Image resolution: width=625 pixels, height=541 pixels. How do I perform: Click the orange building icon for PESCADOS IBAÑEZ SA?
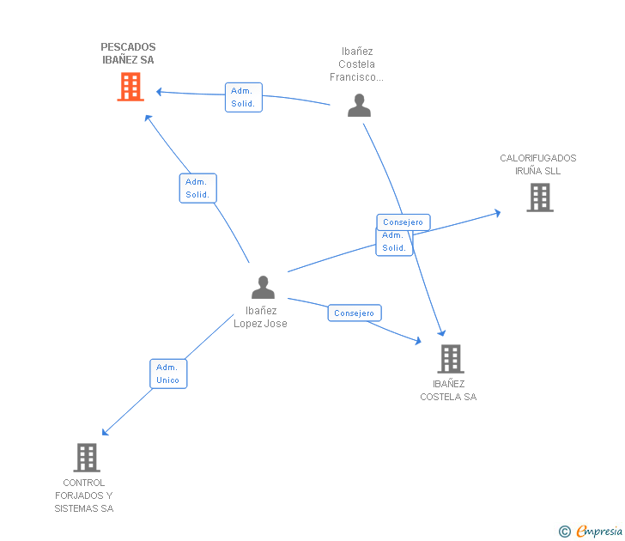130,87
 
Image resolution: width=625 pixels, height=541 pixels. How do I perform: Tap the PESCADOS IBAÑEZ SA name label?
129,53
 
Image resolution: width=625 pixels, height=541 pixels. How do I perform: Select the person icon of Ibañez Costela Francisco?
359,105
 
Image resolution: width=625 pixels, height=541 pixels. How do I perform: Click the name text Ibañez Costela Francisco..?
356,64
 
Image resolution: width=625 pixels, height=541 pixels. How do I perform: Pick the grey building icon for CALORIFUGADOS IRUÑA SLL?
539,198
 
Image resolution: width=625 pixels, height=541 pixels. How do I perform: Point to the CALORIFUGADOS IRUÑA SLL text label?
538,164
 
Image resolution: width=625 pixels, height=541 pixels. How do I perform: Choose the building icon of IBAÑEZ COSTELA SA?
450,359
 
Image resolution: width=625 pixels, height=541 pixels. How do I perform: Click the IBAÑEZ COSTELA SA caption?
448,391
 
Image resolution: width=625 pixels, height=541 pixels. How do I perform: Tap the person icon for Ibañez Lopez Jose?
263,288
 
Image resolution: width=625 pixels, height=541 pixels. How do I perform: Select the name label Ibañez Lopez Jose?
261,317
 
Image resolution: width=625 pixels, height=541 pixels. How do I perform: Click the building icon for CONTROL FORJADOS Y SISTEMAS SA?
87,458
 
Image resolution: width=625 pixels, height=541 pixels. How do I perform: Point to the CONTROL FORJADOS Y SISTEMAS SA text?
84,495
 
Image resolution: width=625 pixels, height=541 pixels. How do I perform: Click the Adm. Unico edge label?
167,374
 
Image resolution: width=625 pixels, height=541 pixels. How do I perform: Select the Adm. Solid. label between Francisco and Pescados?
243,97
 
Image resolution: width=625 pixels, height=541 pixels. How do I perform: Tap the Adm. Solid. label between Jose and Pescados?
197,188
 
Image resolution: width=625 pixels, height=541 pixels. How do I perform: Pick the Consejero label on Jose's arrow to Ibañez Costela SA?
354,313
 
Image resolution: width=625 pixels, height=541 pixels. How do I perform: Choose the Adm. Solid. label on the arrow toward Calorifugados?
393,242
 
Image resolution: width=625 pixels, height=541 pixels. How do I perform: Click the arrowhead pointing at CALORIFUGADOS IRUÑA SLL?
497,212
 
